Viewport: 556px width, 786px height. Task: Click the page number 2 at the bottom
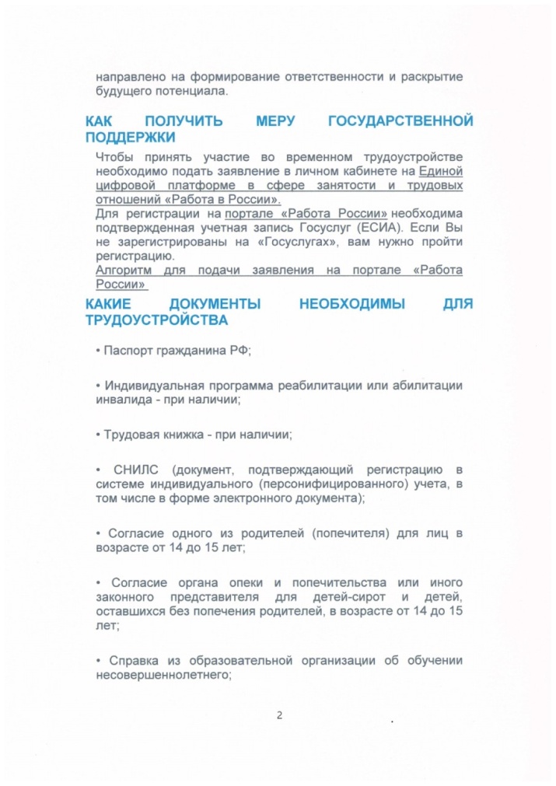pyautogui.click(x=278, y=715)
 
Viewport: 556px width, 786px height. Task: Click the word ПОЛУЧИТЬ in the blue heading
pyautogui.click(x=184, y=122)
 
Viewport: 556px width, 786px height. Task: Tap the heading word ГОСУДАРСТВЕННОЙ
pyautogui.click(x=400, y=122)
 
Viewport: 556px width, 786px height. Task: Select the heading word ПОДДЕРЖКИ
pyautogui.click(x=130, y=138)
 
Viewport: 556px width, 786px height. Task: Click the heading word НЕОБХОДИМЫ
pyautogui.click(x=352, y=305)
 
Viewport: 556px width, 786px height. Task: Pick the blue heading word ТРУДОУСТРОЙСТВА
pyautogui.click(x=157, y=320)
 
